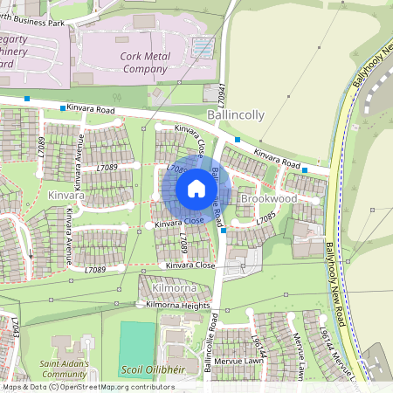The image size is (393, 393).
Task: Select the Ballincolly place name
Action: tap(237, 114)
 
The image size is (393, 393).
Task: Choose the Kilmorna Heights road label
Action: tap(178, 305)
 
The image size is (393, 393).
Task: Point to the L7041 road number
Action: tap(224, 93)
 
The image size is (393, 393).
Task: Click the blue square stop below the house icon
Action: tap(224, 231)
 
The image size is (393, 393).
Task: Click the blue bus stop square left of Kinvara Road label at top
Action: tap(63, 107)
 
